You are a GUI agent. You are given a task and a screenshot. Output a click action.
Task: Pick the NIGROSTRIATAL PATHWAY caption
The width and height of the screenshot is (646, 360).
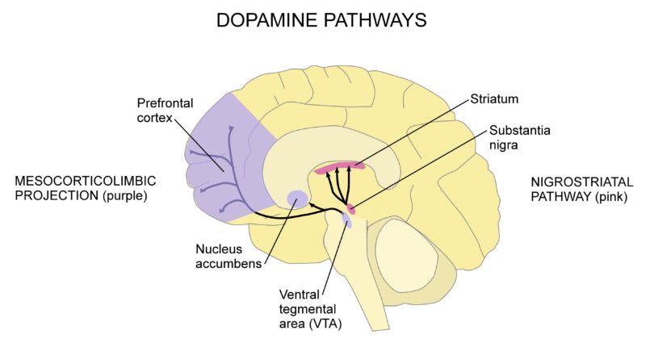tap(576, 187)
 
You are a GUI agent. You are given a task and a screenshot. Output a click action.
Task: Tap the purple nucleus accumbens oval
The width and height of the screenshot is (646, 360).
tap(297, 197)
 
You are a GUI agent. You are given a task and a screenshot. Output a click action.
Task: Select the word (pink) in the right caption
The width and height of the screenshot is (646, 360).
tap(608, 196)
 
